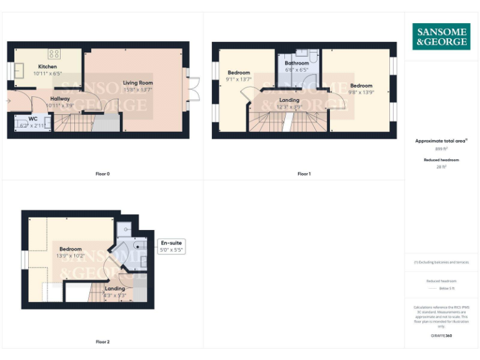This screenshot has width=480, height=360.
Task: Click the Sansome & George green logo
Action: click(441, 37)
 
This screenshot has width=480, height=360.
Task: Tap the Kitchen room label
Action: click(47, 66)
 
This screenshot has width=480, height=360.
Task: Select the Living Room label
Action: click(137, 82)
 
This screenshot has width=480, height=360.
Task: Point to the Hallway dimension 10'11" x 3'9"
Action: click(60, 106)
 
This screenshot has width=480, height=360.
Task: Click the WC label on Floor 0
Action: click(33, 119)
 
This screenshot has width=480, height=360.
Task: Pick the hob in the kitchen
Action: click(54, 54)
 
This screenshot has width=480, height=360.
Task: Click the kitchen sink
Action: click(19, 69)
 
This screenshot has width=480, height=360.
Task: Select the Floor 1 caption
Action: click(304, 174)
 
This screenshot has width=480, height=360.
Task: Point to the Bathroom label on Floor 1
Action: click(297, 63)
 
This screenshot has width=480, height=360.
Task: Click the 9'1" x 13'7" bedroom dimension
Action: click(239, 79)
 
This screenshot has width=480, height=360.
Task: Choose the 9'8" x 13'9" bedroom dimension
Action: click(361, 92)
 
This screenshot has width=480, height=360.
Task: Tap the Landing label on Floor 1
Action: click(289, 100)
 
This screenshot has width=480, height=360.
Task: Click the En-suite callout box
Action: click(171, 246)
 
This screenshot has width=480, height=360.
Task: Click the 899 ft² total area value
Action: click(441, 149)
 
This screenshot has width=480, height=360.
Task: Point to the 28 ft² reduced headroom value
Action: click(441, 167)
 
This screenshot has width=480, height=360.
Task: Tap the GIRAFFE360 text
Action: click(441, 336)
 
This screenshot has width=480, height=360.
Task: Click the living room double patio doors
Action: click(194, 89)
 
